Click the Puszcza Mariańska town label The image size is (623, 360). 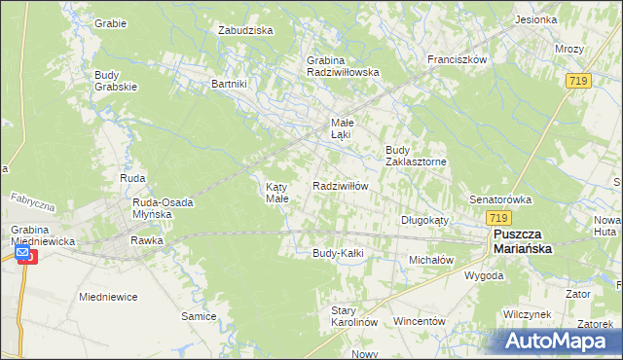[x=523, y=241]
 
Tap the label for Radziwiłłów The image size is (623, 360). [x=340, y=186]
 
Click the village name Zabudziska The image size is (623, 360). [x=245, y=30]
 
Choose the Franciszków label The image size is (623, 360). [x=457, y=59]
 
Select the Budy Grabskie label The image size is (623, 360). [x=117, y=80]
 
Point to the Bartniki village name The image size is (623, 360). [x=231, y=84]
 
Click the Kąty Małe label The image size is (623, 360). [x=277, y=192]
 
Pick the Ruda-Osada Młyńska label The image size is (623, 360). [x=152, y=208]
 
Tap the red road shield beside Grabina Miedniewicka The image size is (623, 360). [x=24, y=256]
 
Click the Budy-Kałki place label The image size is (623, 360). [x=338, y=253]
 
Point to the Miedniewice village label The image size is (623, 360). [x=108, y=296]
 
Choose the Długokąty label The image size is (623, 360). [x=424, y=220]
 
